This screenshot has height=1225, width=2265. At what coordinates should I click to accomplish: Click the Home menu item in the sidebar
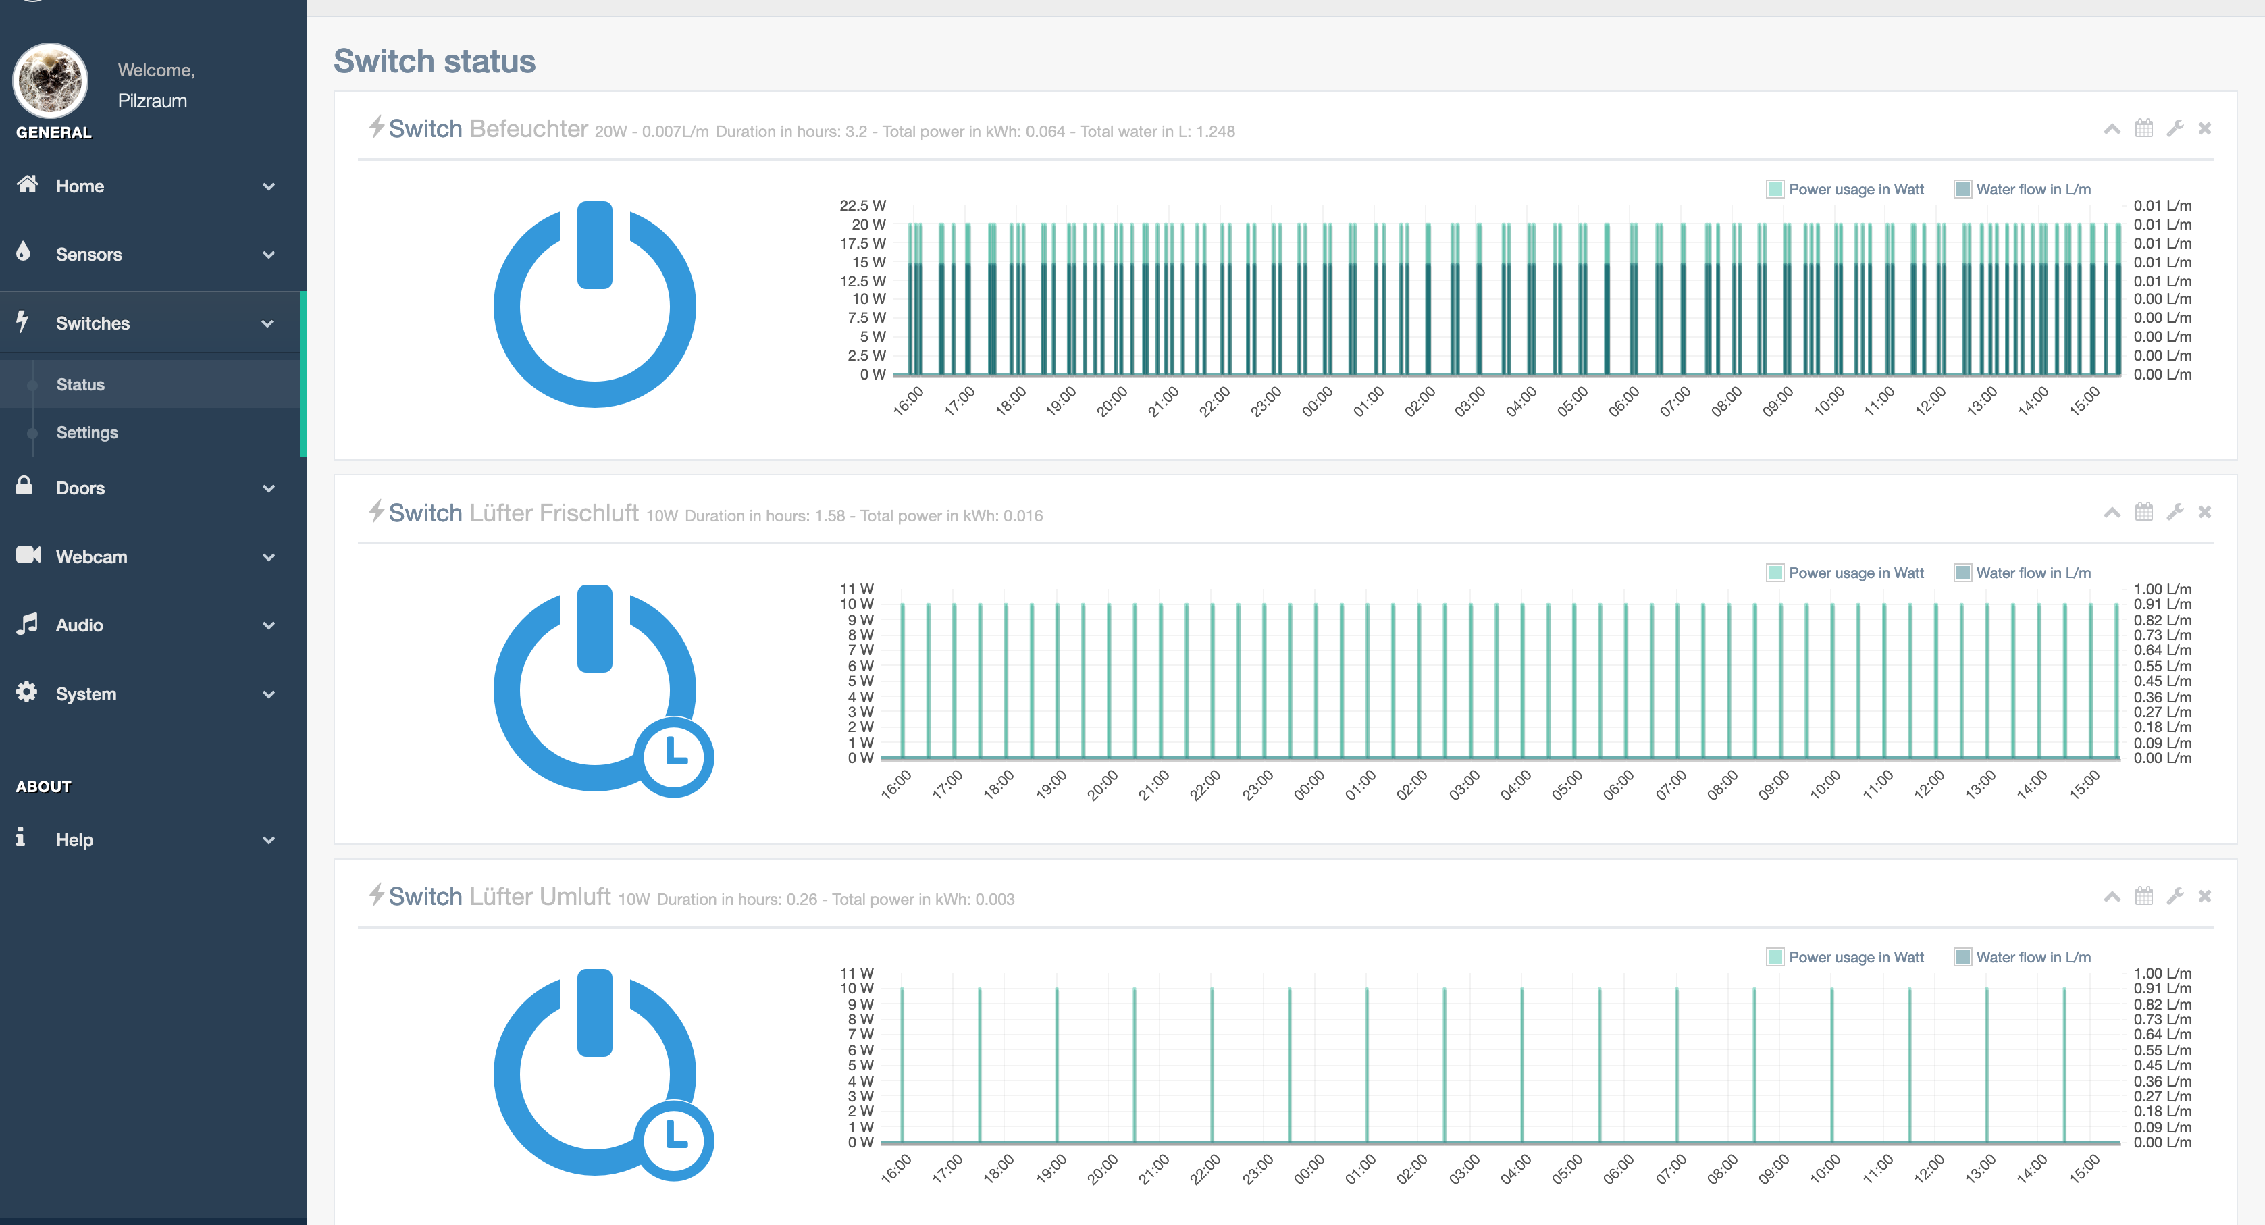coord(80,186)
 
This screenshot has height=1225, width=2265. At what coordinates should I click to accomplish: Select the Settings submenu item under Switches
coord(87,433)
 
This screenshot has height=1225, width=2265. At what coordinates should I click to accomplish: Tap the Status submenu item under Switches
coord(80,384)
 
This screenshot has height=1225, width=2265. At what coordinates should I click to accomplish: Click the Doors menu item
coord(80,488)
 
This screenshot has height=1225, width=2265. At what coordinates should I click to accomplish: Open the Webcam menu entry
coord(91,556)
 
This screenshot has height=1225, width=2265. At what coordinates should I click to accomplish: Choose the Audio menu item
coord(79,625)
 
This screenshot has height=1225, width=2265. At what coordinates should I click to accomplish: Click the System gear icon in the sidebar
coord(26,692)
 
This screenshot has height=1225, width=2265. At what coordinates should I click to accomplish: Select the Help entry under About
coord(75,840)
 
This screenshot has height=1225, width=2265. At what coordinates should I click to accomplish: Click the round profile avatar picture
coord(50,81)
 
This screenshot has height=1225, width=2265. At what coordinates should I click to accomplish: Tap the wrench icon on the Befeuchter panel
coord(2175,128)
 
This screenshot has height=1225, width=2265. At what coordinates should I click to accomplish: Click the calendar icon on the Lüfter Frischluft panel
coord(2143,512)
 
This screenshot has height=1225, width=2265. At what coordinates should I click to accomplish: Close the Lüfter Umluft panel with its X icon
coord(2204,896)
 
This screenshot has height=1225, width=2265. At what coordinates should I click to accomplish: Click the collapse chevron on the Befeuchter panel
coord(2111,129)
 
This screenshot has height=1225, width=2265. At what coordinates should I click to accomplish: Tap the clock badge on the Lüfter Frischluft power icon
coord(675,756)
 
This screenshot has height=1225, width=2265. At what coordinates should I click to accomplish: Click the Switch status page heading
coord(434,61)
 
